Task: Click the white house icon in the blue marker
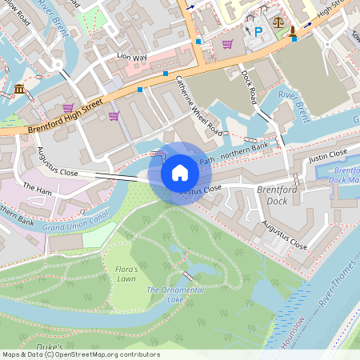(180, 173)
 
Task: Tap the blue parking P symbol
(258, 31)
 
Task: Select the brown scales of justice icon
(278, 24)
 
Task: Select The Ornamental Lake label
(175, 294)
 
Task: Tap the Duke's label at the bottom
(50, 346)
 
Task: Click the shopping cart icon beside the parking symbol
(227, 43)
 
